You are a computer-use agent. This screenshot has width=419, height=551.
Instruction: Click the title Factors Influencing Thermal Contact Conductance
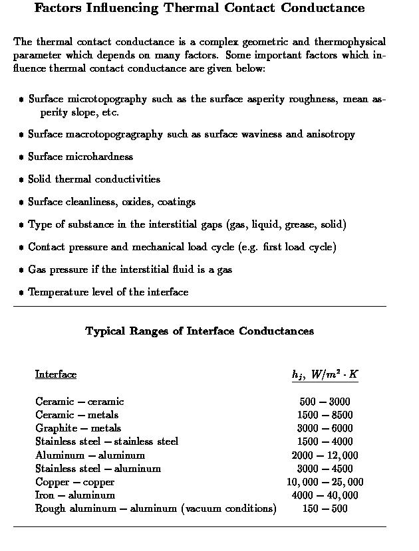coord(200,9)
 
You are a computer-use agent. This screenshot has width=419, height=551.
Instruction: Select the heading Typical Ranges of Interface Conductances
coord(200,331)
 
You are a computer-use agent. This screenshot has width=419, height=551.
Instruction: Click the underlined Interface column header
coord(56,374)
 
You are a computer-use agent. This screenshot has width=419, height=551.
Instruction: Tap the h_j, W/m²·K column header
coord(325,374)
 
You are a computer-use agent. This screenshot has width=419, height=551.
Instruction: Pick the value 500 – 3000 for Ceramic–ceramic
coord(325,402)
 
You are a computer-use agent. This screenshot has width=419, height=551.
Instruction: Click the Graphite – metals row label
coord(78,428)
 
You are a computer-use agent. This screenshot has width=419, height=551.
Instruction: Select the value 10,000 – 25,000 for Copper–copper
coord(325,482)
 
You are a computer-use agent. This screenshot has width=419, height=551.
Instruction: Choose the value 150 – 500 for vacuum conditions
coord(325,509)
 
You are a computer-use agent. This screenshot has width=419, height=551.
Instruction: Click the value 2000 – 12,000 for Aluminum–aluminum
coord(325,455)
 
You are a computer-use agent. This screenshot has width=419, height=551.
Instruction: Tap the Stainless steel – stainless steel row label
coord(106,441)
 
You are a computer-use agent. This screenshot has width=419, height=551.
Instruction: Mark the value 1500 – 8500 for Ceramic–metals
coord(325,415)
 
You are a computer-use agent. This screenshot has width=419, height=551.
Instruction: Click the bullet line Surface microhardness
coord(80,157)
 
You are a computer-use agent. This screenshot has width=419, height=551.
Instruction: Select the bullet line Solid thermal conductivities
coord(94,179)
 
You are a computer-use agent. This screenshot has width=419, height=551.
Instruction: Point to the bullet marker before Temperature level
coord(21,293)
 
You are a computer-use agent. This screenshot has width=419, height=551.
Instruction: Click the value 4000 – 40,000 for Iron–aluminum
coord(325,495)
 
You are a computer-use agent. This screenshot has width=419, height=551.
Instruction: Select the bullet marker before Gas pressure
coord(21,270)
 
